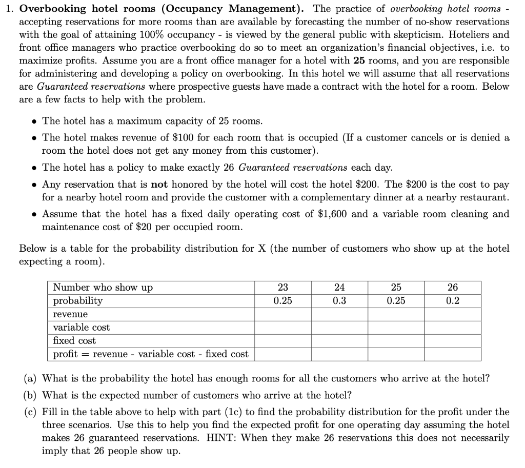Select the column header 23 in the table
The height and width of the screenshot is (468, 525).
click(282, 288)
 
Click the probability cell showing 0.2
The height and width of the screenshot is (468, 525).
click(453, 301)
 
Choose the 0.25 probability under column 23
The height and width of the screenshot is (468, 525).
click(282, 301)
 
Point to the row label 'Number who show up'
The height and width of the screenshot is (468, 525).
click(103, 288)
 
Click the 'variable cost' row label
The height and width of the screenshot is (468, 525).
click(82, 328)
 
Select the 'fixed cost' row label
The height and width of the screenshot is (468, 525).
click(74, 341)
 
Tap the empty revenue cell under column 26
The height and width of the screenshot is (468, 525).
click(453, 314)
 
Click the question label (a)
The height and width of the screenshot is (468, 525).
click(30, 379)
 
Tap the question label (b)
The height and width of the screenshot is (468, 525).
click(30, 395)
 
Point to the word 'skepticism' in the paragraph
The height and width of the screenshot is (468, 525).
click(453, 35)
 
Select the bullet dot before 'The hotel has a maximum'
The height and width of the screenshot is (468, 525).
click(34, 121)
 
